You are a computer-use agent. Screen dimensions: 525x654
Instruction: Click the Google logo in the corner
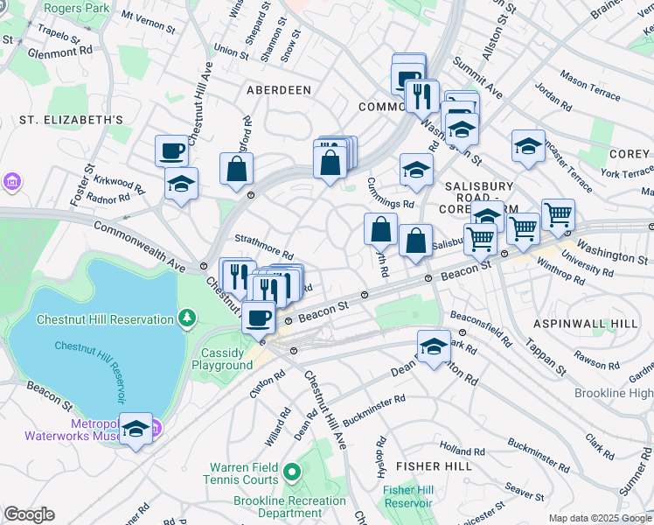click(30, 514)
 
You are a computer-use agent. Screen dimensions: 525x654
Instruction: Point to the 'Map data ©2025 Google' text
click(600, 518)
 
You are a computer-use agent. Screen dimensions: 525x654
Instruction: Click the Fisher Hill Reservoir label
click(407, 496)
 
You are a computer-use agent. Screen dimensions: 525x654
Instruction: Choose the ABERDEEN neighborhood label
click(279, 90)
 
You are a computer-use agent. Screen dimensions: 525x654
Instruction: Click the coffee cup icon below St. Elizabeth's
click(171, 150)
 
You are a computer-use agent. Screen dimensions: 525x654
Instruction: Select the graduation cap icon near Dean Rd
click(434, 346)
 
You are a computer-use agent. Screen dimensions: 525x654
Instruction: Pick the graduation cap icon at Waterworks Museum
click(136, 428)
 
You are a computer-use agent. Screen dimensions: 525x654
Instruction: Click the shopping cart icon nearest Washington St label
click(558, 213)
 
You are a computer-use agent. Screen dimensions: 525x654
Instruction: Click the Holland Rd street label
click(456, 448)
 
